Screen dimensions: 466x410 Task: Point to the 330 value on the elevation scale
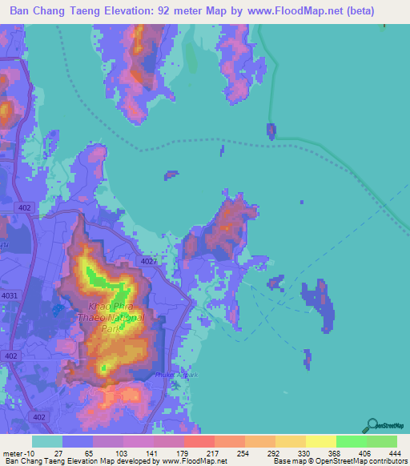tap(294, 430)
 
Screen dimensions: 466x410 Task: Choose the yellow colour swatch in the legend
tap(320, 441)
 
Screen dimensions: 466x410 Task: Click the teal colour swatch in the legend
tap(47, 441)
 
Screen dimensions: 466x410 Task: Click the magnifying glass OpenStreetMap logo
tap(372, 424)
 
